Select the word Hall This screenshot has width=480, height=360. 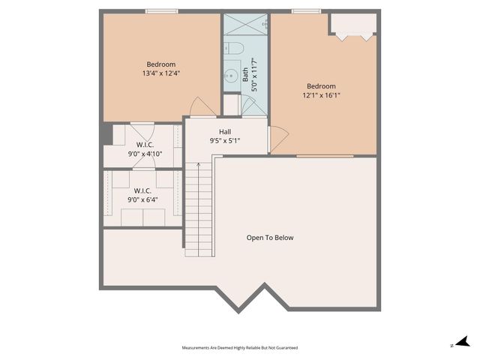click(x=225, y=130)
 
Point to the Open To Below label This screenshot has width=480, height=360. click(x=270, y=238)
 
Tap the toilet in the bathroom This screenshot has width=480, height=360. click(x=234, y=49)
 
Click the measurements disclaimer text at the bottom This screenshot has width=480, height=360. click(x=240, y=348)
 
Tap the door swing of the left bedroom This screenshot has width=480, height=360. click(x=201, y=106)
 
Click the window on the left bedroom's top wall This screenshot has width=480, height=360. click(x=162, y=11)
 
